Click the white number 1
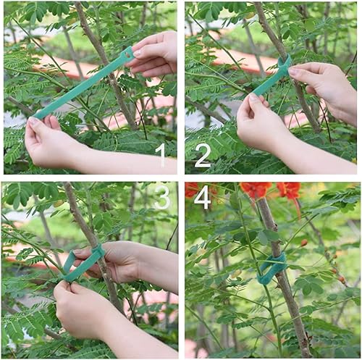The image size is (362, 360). click(x=161, y=154)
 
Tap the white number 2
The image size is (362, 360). click(x=203, y=154)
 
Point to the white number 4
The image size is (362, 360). click(x=203, y=197)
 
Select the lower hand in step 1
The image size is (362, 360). click(x=51, y=141)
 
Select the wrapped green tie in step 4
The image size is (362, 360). click(x=272, y=269)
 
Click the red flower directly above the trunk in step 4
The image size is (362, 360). click(x=256, y=190)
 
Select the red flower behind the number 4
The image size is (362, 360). click(x=192, y=190)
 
